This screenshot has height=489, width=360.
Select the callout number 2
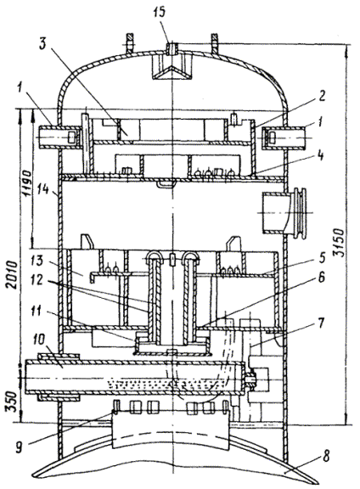pyautogui.click(x=322, y=96)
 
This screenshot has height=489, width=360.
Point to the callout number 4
pyautogui.click(x=319, y=155)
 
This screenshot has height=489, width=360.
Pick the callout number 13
pyautogui.click(x=37, y=261)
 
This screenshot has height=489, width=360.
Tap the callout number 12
pyautogui.click(x=37, y=280)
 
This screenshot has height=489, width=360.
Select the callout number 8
pyautogui.click(x=326, y=456)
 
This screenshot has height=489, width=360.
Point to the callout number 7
pyautogui.click(x=322, y=323)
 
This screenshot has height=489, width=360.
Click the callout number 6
pyautogui.click(x=320, y=277)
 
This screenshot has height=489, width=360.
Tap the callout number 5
pyautogui.click(x=321, y=257)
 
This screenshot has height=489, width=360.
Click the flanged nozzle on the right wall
pyautogui.click(x=284, y=213)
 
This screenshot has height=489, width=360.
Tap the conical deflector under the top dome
pyautogui.click(x=172, y=71)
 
